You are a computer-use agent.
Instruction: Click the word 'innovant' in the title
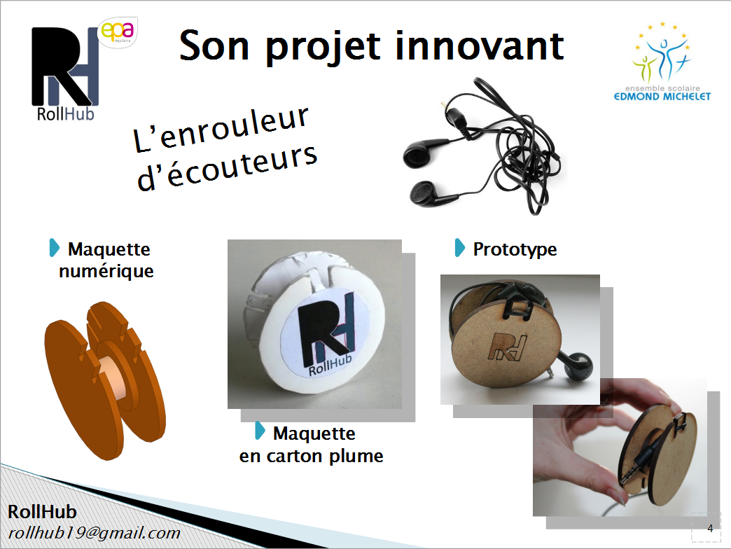tap(480, 46)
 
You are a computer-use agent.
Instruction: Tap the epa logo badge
tap(118, 32)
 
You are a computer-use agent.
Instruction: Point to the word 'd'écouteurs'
tap(227, 167)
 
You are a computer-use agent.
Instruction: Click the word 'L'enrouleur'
tap(221, 129)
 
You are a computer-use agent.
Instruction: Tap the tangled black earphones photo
tap(483, 146)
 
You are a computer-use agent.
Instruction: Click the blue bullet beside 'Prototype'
tap(459, 248)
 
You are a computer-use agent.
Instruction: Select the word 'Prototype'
tap(515, 250)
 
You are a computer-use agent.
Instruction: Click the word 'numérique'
tap(106, 271)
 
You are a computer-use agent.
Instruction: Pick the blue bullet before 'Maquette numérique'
tap(55, 248)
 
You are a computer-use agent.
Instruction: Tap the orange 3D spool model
tap(105, 380)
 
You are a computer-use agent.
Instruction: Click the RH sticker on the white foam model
tap(326, 332)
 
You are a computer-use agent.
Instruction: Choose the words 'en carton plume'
tap(311, 456)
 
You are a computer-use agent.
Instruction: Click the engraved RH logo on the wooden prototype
tap(509, 347)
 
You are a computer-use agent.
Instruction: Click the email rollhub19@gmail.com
tap(94, 533)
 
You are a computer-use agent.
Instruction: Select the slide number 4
tap(710, 529)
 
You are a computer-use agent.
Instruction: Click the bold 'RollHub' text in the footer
tap(43, 512)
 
